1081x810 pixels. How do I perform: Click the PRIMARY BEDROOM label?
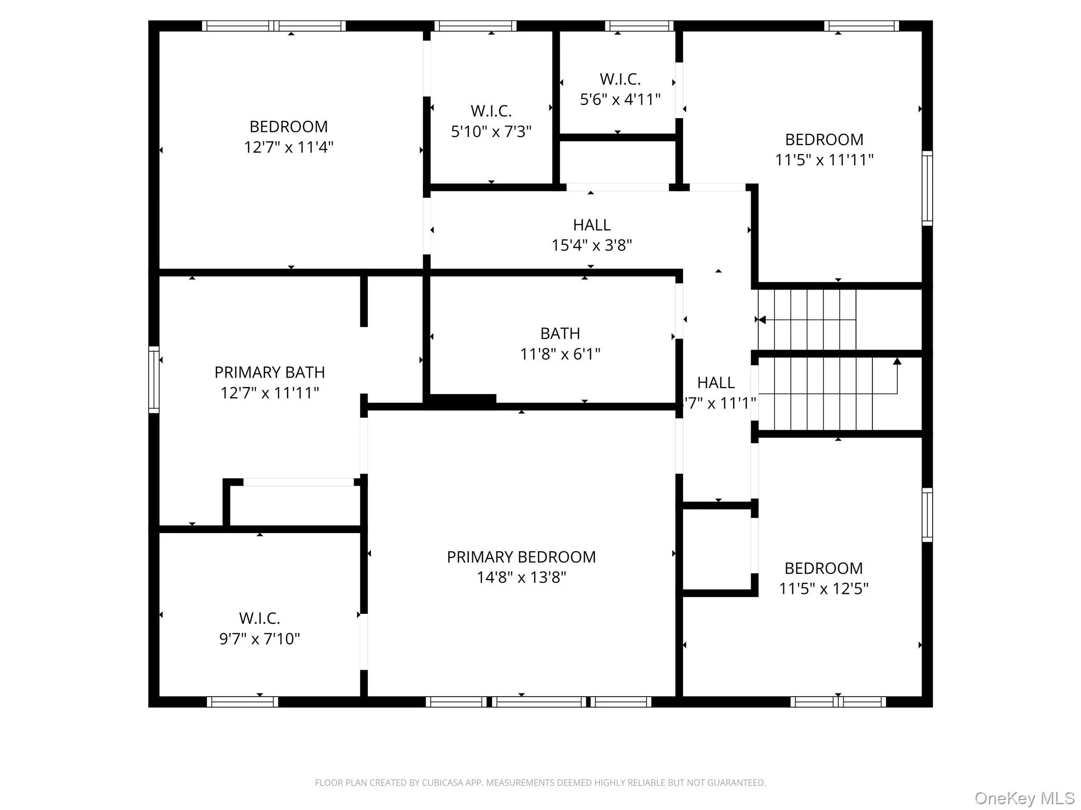[521, 557]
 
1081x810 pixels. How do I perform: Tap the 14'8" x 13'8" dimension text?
[521, 577]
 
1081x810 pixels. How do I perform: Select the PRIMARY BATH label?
[269, 372]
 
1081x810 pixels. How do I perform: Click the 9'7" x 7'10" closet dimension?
[259, 639]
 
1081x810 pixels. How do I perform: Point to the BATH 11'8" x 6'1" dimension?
[560, 354]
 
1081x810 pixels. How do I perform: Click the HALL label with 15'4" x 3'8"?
[592, 225]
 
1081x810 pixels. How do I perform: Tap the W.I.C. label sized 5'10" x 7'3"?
[491, 111]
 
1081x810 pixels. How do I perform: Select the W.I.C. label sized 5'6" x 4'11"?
[620, 79]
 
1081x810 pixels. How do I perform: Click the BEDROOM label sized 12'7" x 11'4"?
[288, 127]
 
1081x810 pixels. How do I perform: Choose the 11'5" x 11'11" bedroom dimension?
[824, 160]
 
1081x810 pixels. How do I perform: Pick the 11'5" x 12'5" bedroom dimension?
[823, 589]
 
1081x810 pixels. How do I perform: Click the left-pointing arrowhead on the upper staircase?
[762, 320]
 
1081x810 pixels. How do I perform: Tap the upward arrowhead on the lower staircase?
[897, 361]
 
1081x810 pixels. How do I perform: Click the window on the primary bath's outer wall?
[154, 379]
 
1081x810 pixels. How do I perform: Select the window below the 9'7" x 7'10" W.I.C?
[242, 701]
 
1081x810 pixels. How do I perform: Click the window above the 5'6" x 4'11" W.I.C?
[639, 26]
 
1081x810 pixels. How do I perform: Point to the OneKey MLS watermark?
[1024, 798]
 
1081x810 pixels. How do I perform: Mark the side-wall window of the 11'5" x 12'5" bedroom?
[927, 515]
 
